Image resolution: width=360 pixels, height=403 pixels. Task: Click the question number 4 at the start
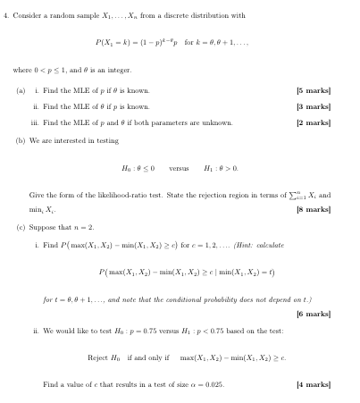tap(6, 15)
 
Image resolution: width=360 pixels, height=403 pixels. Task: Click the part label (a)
tap(21, 90)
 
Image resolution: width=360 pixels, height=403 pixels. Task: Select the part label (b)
tap(21, 139)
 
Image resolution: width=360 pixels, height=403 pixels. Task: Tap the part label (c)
tap(21, 227)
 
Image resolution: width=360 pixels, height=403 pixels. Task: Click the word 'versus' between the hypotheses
tap(179, 167)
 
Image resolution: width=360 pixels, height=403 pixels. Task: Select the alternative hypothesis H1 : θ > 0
tap(220, 167)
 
